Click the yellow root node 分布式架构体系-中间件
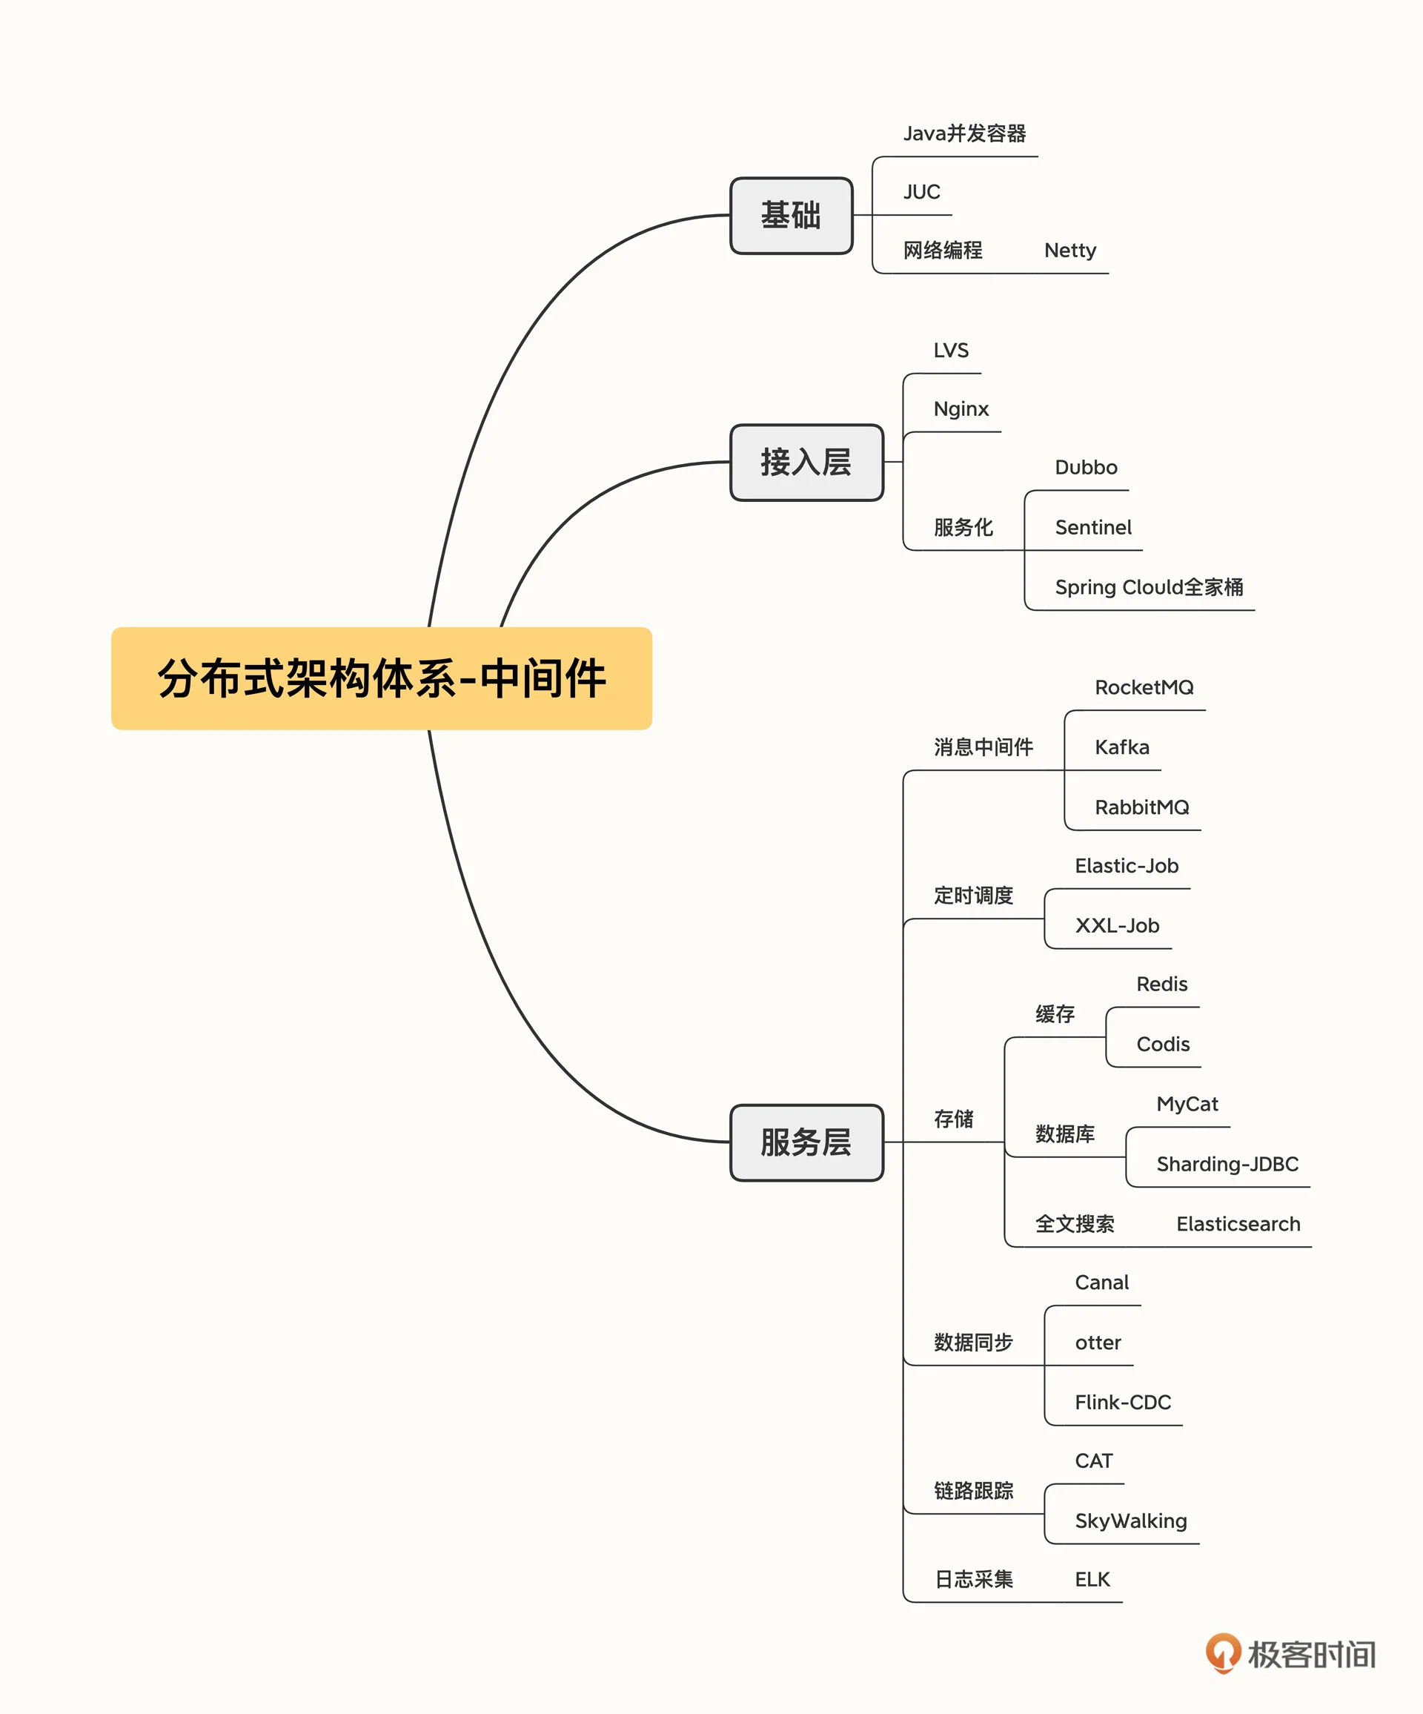381,678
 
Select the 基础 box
791,216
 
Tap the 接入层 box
806,462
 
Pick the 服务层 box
806,1142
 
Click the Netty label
1069,250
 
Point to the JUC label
921,192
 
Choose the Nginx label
961,409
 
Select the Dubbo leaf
1085,468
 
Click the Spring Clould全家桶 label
1148,587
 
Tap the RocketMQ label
1143,687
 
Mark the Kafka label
1121,747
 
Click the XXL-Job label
1116,925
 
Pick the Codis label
1162,1044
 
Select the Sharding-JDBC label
1227,1164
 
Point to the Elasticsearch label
1238,1223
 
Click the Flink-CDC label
1122,1402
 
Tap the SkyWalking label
1130,1521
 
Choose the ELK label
1092,1579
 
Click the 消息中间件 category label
983,747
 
